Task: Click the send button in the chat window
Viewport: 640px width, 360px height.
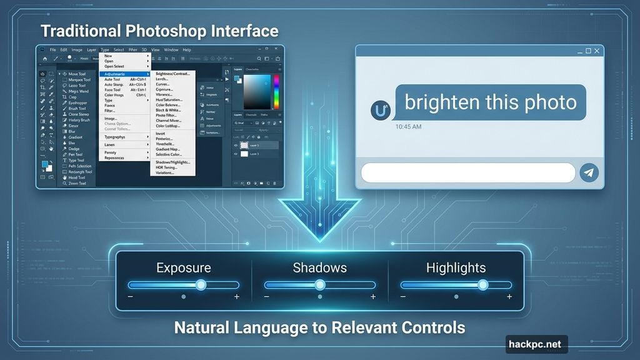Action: pos(589,173)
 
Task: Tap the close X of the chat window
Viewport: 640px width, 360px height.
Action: pos(597,51)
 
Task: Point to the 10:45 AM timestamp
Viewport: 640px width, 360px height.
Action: pos(409,127)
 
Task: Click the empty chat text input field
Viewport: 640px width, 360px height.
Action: pos(467,173)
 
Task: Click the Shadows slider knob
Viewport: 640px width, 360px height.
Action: pos(320,285)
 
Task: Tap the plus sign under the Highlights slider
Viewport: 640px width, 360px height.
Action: pos(509,297)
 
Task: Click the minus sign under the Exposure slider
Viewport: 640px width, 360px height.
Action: pos(130,297)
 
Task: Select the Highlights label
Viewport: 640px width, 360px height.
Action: pos(456,268)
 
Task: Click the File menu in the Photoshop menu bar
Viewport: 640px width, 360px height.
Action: pos(53,50)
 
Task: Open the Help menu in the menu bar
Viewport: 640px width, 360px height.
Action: pos(187,50)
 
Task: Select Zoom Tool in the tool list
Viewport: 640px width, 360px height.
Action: pos(77,184)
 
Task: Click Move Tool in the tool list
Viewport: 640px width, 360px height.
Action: pos(78,74)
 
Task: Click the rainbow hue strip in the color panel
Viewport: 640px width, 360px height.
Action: pos(276,92)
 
